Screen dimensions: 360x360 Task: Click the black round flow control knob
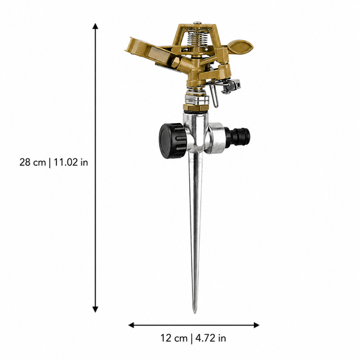point(172,141)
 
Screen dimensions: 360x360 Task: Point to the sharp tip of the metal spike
point(194,312)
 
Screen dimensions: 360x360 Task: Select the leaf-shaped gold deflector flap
point(240,46)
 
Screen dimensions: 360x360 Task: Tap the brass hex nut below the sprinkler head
point(195,108)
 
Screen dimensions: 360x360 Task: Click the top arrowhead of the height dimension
point(95,26)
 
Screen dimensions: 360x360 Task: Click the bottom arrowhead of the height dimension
point(95,309)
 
